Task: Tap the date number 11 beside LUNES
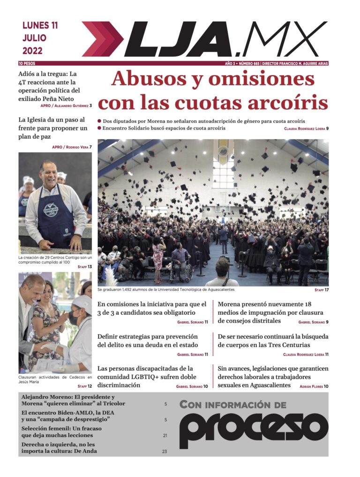coord(53,26)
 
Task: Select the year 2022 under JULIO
coord(32,51)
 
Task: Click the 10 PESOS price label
coord(27,63)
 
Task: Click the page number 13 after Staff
coord(90,267)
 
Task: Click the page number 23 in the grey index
coord(165,452)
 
